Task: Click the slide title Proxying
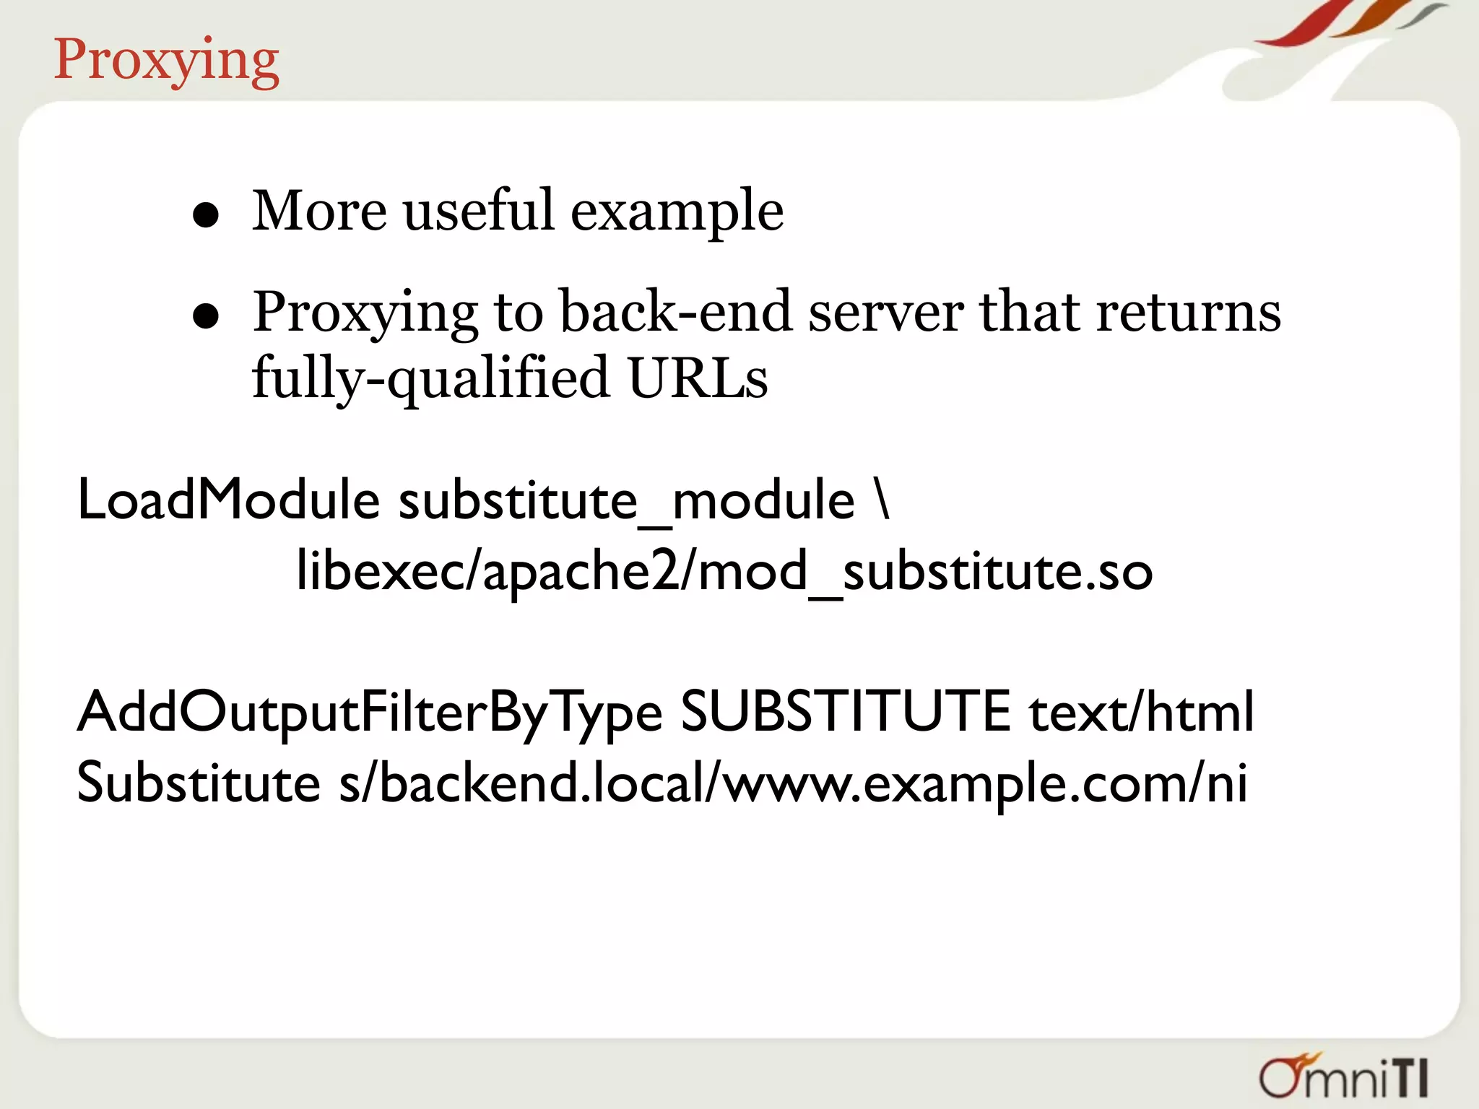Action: pos(166,61)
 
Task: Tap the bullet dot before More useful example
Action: pos(206,215)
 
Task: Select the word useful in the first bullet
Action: pos(478,211)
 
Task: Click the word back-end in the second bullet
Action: pos(675,312)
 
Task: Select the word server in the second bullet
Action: pos(885,313)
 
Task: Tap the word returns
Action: pos(1188,312)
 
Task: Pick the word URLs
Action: pos(698,378)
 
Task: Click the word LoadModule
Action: pos(228,500)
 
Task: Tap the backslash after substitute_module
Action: pos(882,500)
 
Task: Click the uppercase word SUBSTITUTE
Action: pos(846,712)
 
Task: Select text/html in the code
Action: pos(1141,712)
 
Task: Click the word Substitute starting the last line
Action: pos(199,783)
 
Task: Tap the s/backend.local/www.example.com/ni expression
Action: pos(793,783)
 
